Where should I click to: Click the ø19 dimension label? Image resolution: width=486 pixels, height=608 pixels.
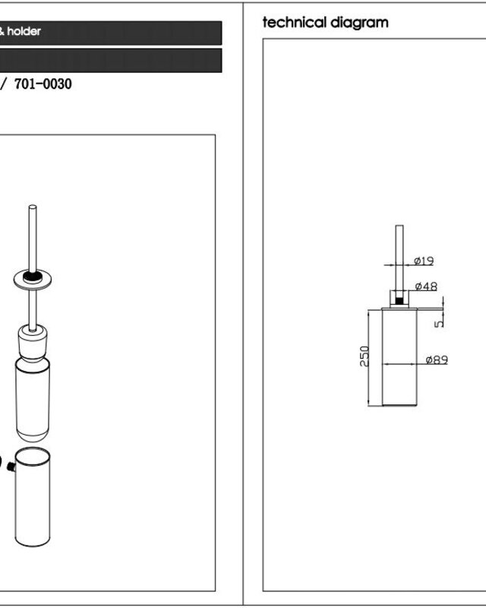(424, 261)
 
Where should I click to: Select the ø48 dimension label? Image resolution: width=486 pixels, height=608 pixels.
(426, 287)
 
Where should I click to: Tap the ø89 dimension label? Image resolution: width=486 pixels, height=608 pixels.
(437, 359)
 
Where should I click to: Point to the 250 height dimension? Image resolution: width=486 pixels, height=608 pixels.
(364, 356)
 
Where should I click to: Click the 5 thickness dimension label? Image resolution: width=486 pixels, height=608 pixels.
(439, 324)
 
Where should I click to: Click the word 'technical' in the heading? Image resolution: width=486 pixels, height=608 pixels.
(294, 23)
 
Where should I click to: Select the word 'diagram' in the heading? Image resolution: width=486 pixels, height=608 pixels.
(359, 24)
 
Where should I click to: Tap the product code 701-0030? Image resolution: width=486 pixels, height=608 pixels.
(43, 84)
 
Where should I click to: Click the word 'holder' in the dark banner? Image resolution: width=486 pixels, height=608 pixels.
(24, 31)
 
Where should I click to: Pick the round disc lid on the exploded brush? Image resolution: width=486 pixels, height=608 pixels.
(33, 280)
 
